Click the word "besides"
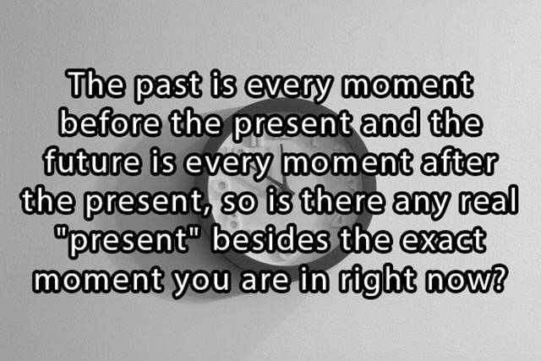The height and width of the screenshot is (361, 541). [270, 238]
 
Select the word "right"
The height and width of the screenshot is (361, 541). [377, 280]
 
